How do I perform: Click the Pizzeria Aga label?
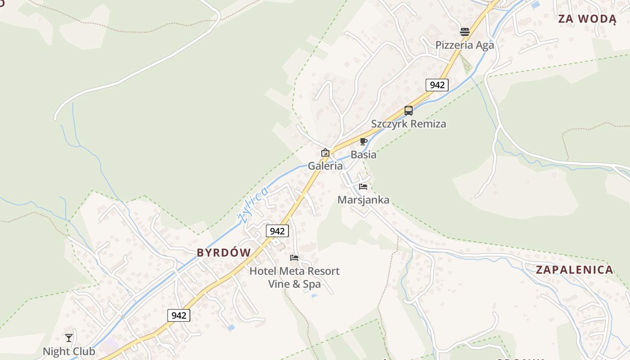464,45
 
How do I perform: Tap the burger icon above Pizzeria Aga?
465,31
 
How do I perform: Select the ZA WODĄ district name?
587,19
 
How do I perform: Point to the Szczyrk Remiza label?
409,124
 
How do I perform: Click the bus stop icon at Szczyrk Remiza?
409,110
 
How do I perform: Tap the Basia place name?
364,154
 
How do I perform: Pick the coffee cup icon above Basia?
364,142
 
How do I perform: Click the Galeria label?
325,166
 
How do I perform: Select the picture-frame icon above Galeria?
325,153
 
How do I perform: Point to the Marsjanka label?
364,200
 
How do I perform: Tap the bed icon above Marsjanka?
363,186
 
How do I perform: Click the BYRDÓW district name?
224,253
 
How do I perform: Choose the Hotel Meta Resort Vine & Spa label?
294,277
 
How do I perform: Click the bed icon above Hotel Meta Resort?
294,258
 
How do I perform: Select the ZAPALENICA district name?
574,270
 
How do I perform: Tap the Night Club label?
69,351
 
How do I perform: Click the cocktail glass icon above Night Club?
69,337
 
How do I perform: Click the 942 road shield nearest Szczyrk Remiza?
437,85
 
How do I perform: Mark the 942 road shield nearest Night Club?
179,315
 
